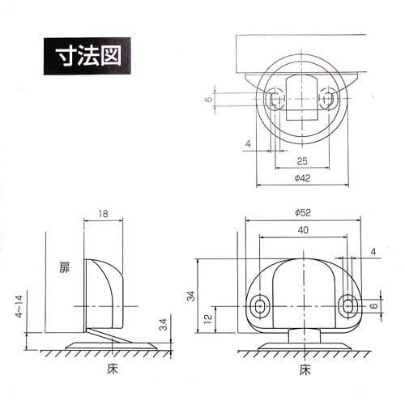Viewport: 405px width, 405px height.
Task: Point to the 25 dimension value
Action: click(x=301, y=160)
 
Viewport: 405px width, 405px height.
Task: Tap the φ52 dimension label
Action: click(x=304, y=214)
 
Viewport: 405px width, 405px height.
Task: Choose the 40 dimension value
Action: click(x=301, y=229)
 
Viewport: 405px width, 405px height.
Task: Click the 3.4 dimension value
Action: click(x=164, y=326)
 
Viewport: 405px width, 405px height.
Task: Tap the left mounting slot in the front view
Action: click(x=260, y=305)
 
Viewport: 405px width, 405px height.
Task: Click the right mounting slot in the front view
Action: click(x=347, y=305)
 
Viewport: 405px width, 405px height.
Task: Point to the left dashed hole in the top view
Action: click(x=275, y=100)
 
